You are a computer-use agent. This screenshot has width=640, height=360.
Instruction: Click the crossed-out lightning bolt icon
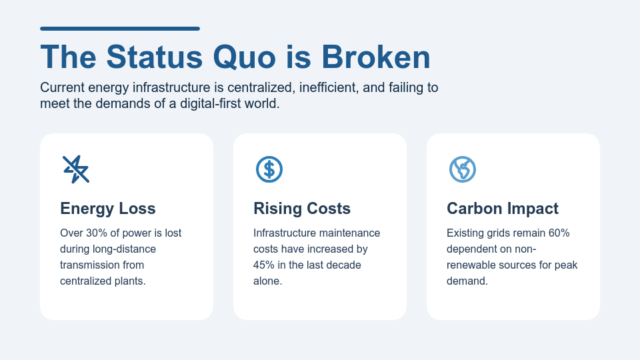(76, 169)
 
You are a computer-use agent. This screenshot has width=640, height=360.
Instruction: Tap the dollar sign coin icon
(269, 169)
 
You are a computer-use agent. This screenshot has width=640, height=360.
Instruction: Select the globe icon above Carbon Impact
(463, 169)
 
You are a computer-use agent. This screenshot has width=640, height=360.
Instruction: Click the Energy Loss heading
(108, 209)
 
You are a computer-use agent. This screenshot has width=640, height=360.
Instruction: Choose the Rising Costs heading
(302, 209)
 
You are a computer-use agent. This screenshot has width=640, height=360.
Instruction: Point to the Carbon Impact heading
(503, 209)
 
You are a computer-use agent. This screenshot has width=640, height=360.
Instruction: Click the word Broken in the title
(376, 57)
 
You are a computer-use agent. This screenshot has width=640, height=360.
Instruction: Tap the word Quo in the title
(244, 57)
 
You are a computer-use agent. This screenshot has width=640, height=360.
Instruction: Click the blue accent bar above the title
(120, 29)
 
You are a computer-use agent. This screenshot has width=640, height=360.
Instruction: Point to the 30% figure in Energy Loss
(97, 233)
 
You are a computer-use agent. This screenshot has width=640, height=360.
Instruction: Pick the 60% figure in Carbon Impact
(559, 233)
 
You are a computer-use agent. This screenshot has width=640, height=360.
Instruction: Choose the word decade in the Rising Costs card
(342, 265)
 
